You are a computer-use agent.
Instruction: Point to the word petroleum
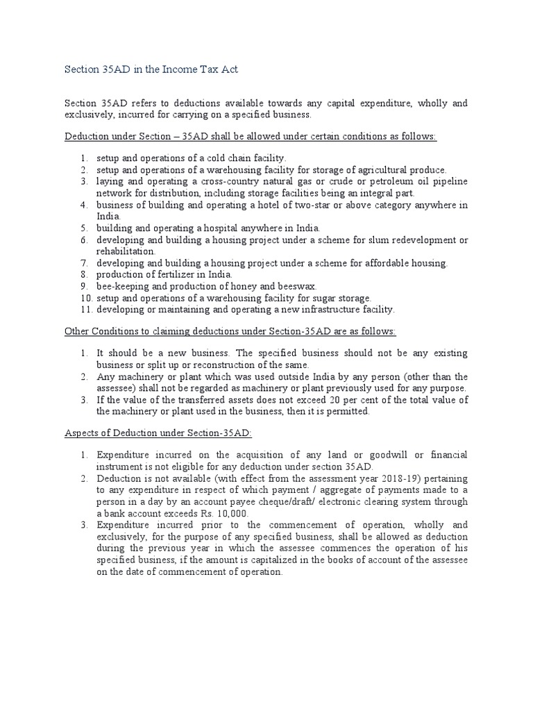click(x=379, y=182)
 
